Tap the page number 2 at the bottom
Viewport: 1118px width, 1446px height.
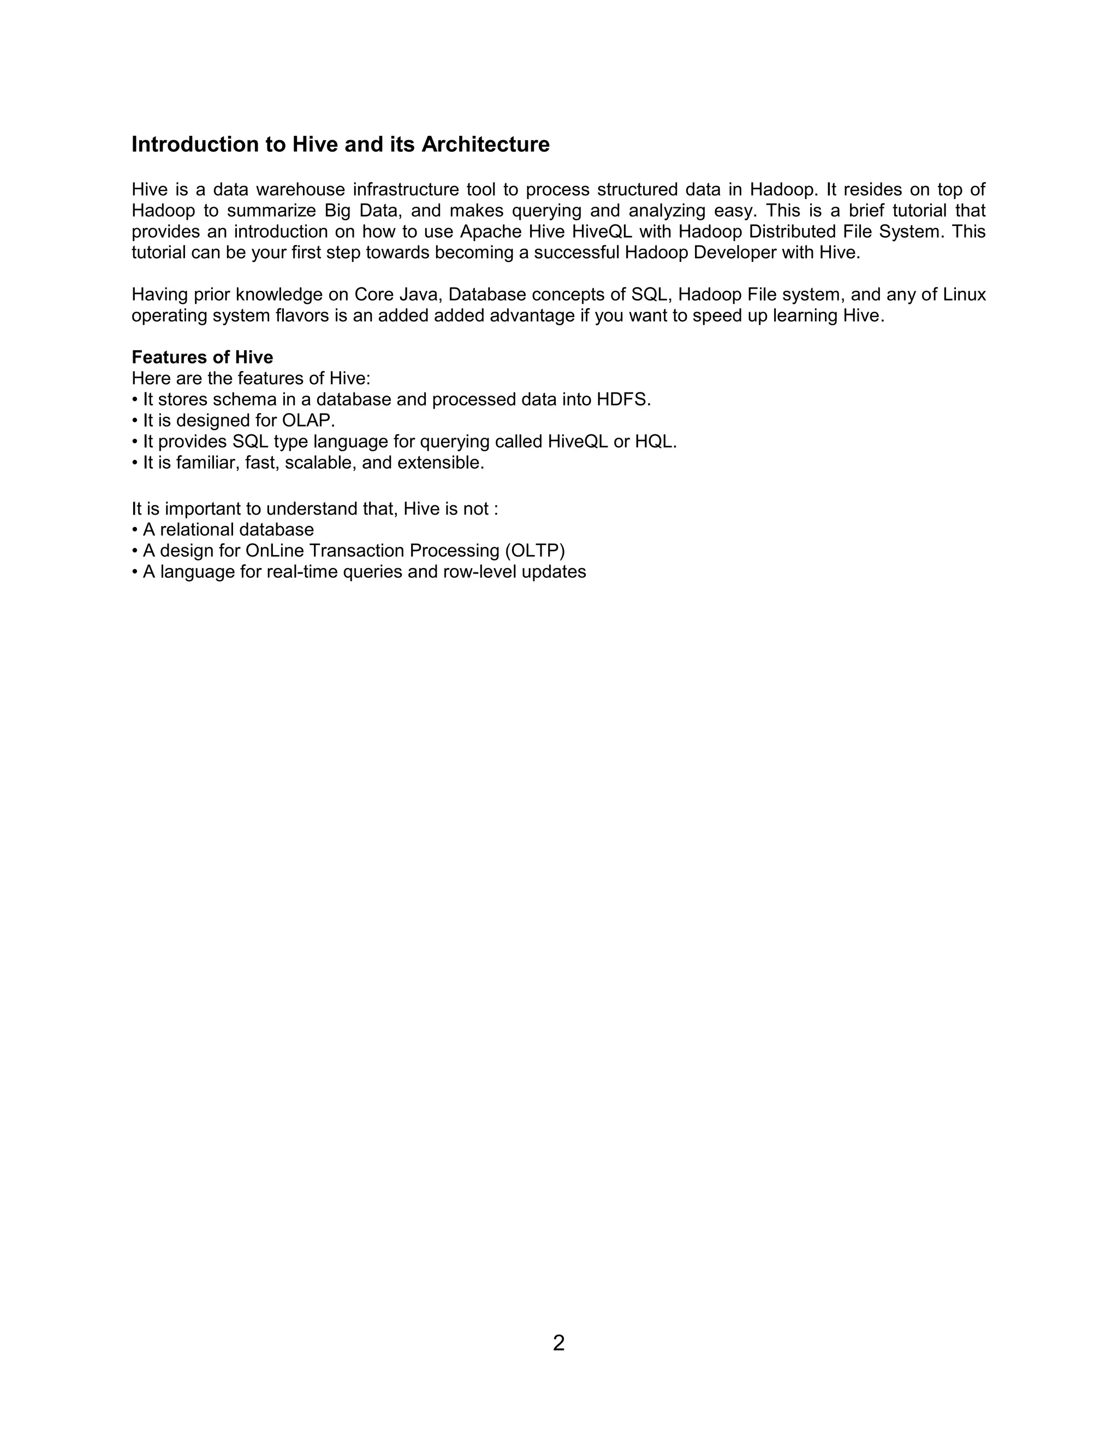coord(558,1343)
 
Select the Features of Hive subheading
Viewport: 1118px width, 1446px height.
coord(202,357)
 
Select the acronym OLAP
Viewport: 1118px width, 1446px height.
coord(305,420)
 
